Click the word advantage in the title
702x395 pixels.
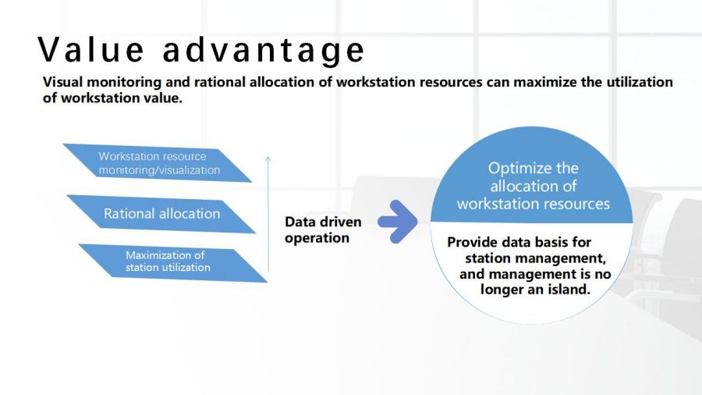264,51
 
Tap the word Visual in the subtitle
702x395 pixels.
62,82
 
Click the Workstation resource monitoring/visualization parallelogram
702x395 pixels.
157,163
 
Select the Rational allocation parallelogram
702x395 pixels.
161,214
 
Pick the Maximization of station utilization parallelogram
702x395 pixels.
173,263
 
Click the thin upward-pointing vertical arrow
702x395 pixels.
268,214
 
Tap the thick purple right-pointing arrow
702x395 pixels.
398,222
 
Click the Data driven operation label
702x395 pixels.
323,230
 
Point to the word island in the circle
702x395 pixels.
568,290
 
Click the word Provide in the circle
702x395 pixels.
472,242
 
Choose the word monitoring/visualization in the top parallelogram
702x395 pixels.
159,171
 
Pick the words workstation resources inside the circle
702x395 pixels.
534,204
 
